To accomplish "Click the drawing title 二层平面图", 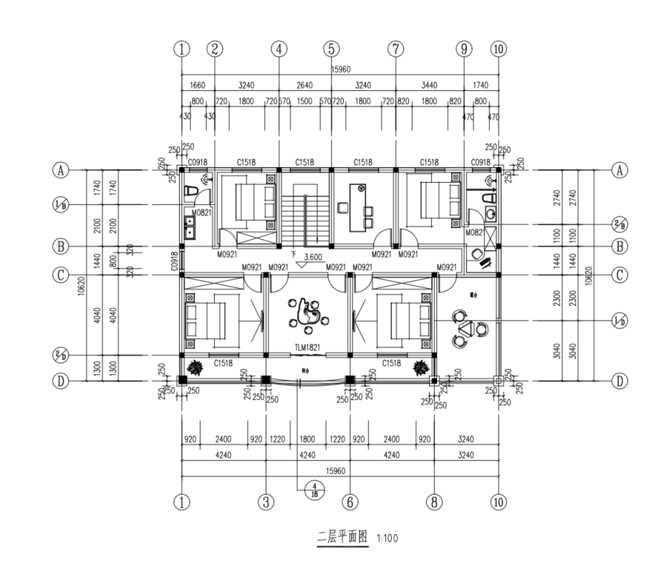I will click(342, 536).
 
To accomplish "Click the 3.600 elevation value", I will click(312, 257).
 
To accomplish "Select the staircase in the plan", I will click(306, 212).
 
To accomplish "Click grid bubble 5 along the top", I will click(331, 49).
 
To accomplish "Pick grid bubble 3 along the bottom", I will click(266, 502).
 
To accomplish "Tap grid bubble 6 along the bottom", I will click(350, 502).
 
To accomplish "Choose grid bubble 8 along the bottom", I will click(433, 502).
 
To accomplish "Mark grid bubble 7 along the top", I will click(395, 49).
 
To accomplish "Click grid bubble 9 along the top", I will click(464, 49).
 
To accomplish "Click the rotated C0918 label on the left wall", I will click(174, 261).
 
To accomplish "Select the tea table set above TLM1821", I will click(308, 313).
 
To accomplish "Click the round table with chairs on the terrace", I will click(468, 328).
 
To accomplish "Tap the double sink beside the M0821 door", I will click(191, 227).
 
